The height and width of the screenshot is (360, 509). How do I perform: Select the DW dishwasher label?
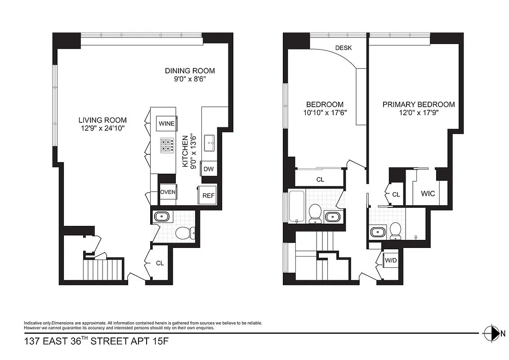click(208, 169)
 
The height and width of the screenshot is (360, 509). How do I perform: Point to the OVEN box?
click(168, 192)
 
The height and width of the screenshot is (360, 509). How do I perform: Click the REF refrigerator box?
click(208, 195)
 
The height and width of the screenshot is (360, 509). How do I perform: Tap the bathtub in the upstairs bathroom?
click(296, 207)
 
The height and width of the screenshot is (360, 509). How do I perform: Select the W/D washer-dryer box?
click(389, 260)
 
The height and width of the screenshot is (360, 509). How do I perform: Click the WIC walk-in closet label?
click(428, 194)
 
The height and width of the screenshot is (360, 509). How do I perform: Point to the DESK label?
click(344, 48)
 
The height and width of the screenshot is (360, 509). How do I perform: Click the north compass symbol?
click(493, 333)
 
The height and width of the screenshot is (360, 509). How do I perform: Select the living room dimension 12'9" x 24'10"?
click(102, 128)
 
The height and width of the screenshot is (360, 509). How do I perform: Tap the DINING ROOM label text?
click(189, 71)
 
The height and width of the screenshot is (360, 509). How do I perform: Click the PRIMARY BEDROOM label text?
click(418, 104)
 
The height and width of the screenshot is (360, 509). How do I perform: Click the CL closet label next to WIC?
click(396, 194)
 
